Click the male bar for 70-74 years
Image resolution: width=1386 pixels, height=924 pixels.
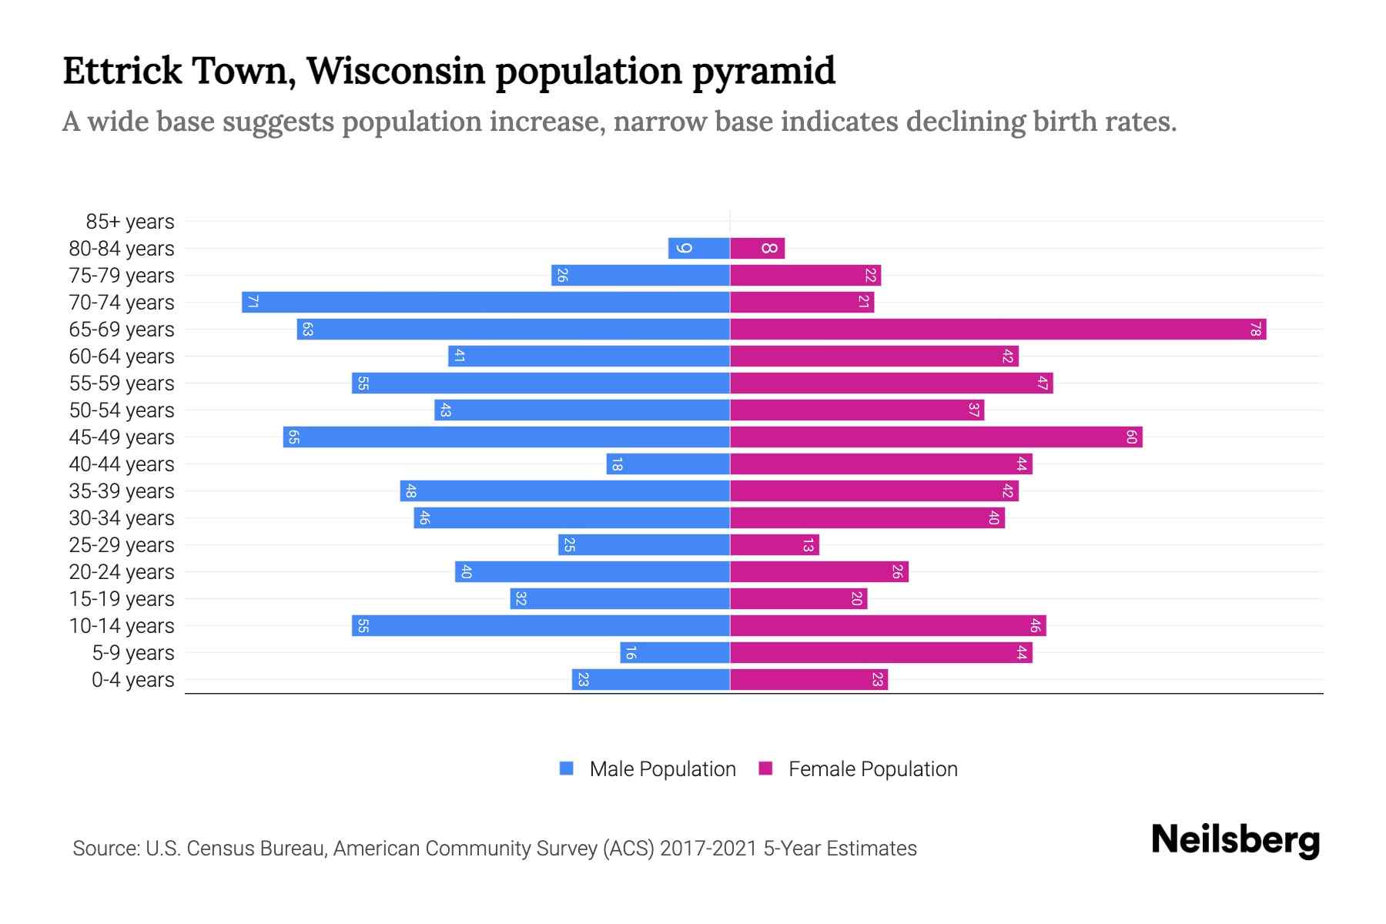485,302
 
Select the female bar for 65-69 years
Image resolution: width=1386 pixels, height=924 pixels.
997,330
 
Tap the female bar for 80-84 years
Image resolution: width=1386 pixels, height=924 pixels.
757,248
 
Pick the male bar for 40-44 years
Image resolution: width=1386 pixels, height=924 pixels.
668,464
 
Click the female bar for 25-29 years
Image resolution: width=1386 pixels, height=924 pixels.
774,545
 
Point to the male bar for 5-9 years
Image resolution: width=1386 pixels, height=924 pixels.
675,653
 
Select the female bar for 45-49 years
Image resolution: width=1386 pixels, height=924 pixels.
936,437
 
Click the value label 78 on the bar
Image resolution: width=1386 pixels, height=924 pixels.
1255,330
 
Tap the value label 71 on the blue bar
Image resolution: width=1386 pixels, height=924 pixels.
253,302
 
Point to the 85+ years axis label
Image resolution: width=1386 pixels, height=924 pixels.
129,222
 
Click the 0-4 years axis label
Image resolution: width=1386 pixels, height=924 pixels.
132,680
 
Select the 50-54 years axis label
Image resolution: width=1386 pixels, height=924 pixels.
122,410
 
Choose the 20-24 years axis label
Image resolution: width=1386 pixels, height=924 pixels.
122,572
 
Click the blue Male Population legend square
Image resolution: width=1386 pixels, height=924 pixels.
567,768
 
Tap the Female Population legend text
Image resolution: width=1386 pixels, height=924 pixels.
872,769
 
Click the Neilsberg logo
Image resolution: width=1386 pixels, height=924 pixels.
1235,840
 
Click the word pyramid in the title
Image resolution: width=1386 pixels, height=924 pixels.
763,72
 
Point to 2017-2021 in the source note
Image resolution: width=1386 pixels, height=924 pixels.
708,849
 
